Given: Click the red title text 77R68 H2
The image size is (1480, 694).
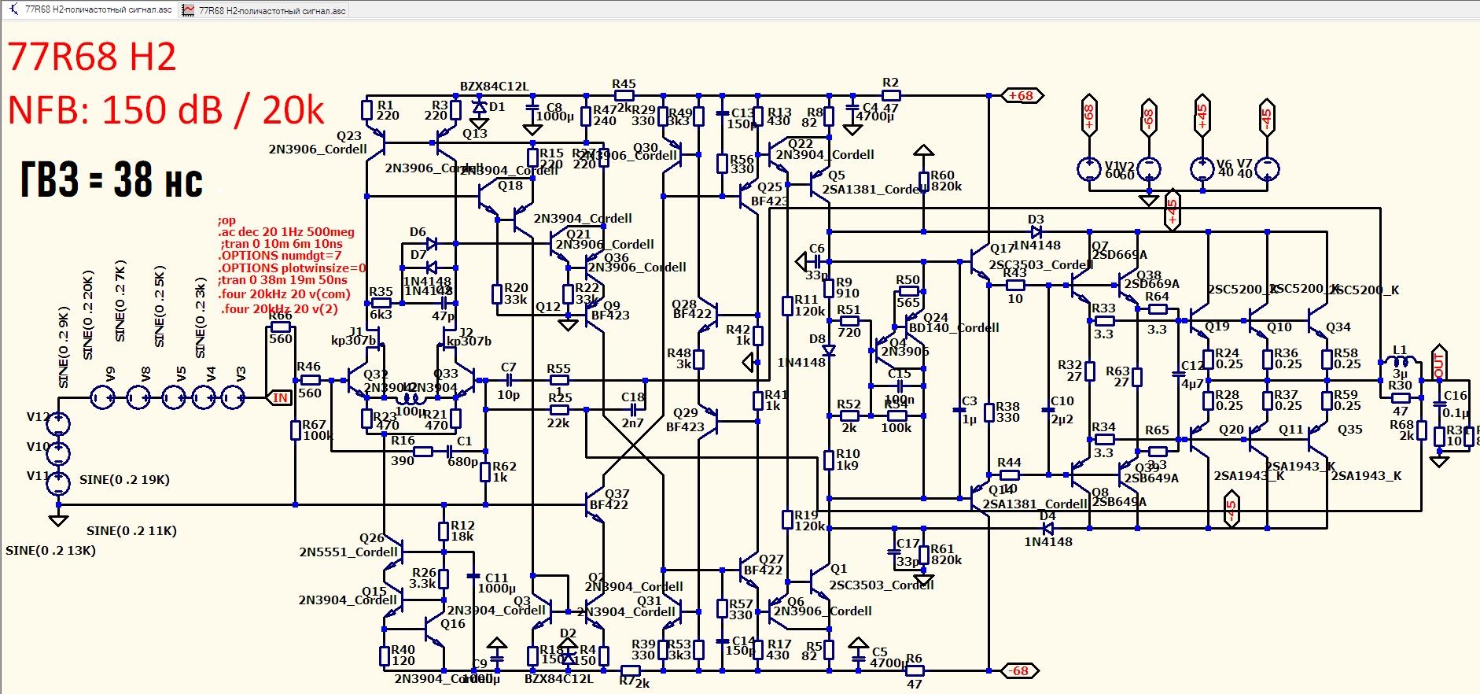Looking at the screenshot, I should (x=92, y=57).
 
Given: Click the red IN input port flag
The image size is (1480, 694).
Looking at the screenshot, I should (x=280, y=398).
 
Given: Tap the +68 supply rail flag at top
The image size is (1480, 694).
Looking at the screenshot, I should (x=1022, y=96).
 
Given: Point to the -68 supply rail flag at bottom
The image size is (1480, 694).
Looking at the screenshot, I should (x=1020, y=671).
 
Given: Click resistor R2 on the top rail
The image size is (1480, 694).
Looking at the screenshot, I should (x=890, y=95).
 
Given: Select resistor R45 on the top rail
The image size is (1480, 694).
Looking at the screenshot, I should (x=624, y=95).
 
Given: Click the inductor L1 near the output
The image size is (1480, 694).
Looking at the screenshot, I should (x=1401, y=362).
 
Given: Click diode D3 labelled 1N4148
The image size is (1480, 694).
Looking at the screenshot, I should (x=1036, y=232).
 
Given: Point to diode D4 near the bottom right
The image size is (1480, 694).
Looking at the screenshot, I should (x=1047, y=529).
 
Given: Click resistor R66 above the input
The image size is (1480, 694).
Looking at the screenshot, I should (x=280, y=327).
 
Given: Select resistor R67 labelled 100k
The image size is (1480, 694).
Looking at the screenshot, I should (x=296, y=430).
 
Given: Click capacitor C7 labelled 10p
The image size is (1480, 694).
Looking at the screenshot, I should (x=509, y=380).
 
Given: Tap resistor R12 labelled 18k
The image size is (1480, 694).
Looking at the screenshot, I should (x=444, y=531).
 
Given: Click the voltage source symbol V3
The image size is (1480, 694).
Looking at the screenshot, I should (x=234, y=398).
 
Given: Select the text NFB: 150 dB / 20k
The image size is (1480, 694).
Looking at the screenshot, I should (x=166, y=110).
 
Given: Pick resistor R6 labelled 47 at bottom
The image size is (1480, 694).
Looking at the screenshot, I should (x=914, y=671).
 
